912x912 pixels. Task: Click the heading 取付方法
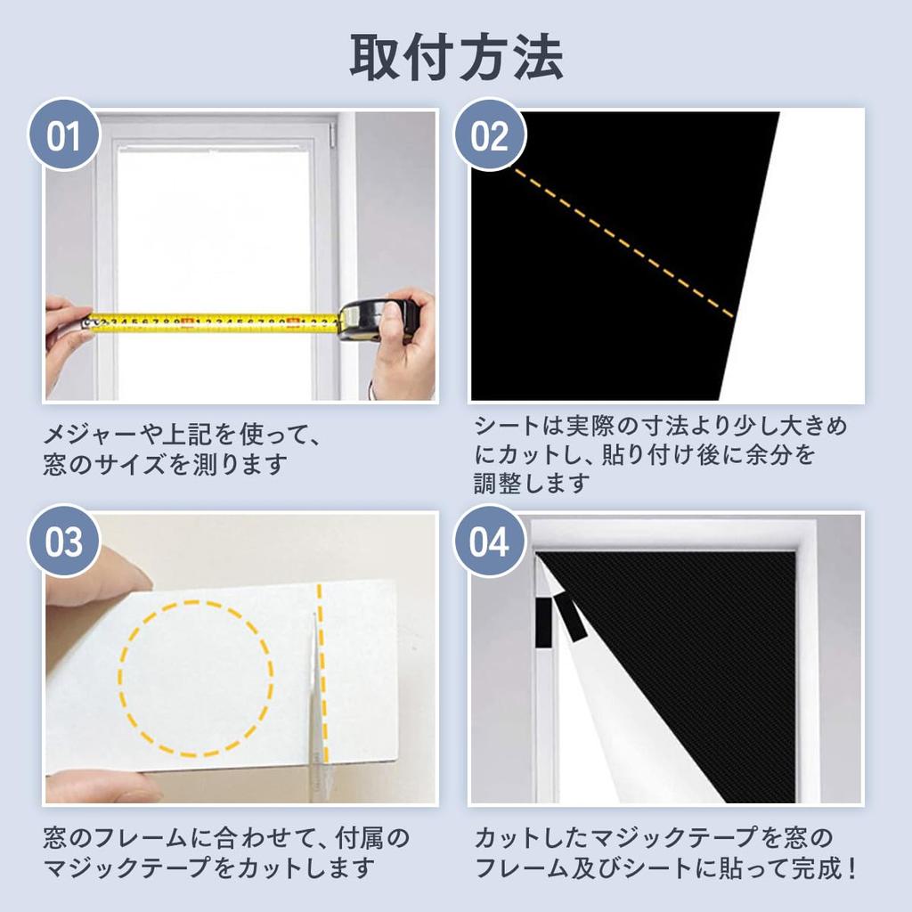(x=455, y=58)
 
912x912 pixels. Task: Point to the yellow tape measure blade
(x=214, y=322)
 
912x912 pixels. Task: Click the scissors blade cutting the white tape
(x=314, y=704)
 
